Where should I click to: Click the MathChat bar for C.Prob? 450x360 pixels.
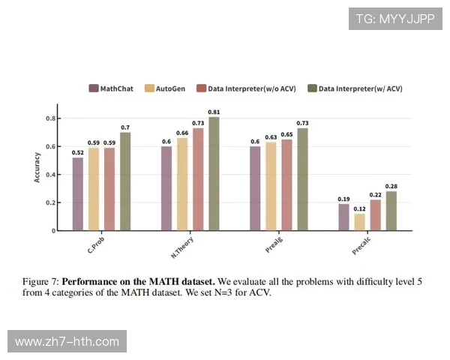(78, 194)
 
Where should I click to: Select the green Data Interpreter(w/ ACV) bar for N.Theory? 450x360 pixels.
(214, 174)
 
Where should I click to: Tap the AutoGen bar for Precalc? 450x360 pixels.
(360, 222)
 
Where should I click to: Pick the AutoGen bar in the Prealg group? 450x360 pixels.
(271, 187)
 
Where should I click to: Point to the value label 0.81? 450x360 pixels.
(214, 112)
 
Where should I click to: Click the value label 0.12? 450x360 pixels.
(360, 208)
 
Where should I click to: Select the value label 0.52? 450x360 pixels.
(78, 153)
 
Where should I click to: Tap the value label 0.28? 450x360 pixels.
(391, 186)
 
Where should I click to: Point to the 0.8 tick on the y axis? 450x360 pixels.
(50, 118)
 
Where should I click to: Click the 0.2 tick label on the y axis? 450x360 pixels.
(50, 202)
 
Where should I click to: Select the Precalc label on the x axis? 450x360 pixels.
(361, 246)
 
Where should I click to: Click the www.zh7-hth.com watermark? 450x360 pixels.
(67, 342)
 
